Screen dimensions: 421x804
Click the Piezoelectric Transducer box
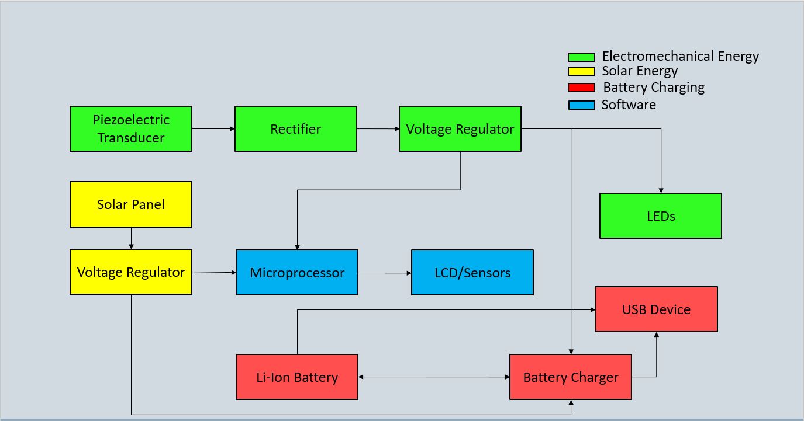131,128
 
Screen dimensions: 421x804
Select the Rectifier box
296,128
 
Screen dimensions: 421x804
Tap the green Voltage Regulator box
460,128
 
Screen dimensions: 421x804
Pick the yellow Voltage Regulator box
131,272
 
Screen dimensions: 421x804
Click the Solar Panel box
131,204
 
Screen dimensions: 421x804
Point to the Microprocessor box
297,273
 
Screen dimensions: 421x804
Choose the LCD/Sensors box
472,273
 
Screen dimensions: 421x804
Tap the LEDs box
661,216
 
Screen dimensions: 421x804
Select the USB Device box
656,309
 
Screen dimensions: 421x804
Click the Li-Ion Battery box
297,377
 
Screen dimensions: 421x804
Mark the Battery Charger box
571,377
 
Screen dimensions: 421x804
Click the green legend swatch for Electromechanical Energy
581,57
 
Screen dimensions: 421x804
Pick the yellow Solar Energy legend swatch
581,72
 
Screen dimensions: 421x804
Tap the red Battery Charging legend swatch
581,88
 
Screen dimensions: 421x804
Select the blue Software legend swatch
581,105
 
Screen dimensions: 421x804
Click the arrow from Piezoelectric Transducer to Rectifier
213,128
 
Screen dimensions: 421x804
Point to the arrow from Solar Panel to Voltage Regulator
131,238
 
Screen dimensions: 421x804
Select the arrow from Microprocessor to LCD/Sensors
385,273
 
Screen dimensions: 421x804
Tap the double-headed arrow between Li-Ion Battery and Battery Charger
434,377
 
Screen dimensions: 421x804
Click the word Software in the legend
629,105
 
